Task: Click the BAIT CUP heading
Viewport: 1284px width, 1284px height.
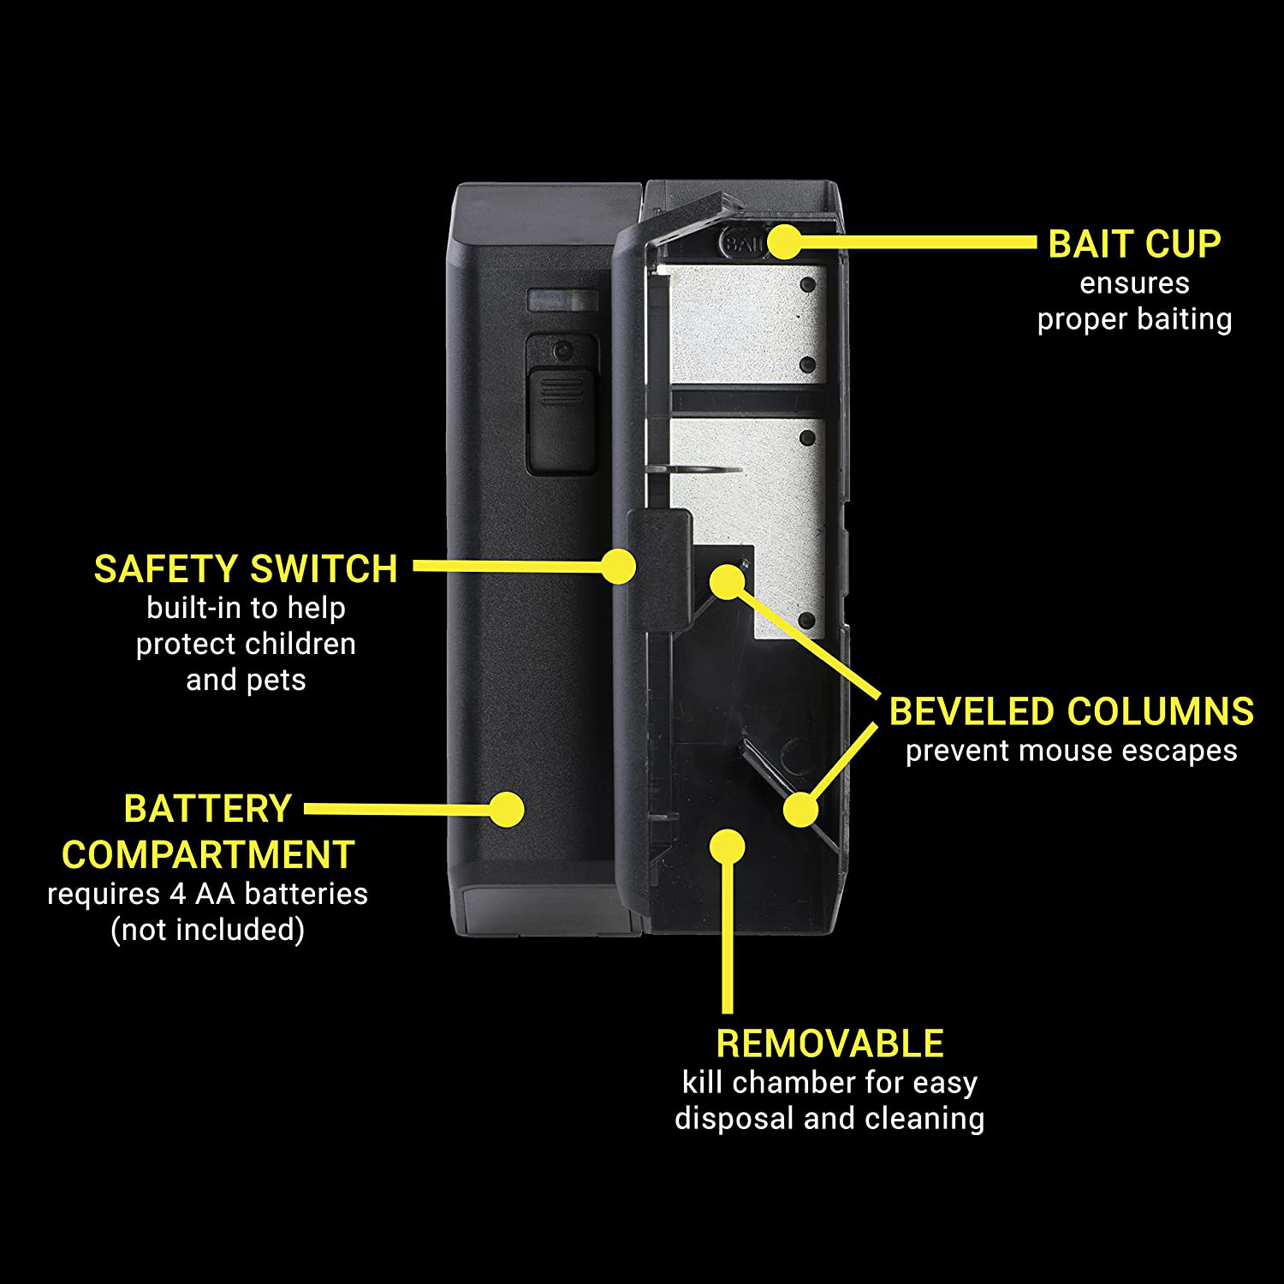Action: pyautogui.click(x=1134, y=244)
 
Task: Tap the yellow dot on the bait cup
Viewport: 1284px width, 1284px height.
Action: pyautogui.click(x=782, y=242)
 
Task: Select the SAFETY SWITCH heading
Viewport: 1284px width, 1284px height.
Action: pyautogui.click(x=246, y=569)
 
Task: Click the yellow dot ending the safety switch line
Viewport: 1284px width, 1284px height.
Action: pyautogui.click(x=618, y=566)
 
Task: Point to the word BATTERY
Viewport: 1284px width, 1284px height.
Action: pyautogui.click(x=208, y=809)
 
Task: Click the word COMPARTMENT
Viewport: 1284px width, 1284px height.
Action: pyautogui.click(x=208, y=855)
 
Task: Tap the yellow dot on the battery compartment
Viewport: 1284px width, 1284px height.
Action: pyautogui.click(x=507, y=809)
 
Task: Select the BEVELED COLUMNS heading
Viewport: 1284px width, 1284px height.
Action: pyautogui.click(x=1072, y=712)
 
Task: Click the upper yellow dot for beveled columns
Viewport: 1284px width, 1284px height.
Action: pyautogui.click(x=727, y=582)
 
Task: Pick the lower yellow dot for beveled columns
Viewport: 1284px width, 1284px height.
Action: pyautogui.click(x=800, y=810)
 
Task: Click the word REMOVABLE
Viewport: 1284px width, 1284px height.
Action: pyautogui.click(x=829, y=1043)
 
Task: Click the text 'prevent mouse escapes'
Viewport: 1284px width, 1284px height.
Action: pyautogui.click(x=1072, y=751)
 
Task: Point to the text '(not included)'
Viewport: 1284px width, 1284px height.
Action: pyautogui.click(x=208, y=930)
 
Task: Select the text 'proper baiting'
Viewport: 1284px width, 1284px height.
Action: pyautogui.click(x=1134, y=319)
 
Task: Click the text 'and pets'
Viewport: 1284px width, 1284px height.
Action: pyautogui.click(x=246, y=680)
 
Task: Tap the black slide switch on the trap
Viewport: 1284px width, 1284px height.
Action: pyautogui.click(x=562, y=419)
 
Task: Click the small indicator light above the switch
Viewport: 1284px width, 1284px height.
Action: pyautogui.click(x=562, y=300)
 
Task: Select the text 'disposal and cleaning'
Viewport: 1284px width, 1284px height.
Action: pyautogui.click(x=829, y=1119)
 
